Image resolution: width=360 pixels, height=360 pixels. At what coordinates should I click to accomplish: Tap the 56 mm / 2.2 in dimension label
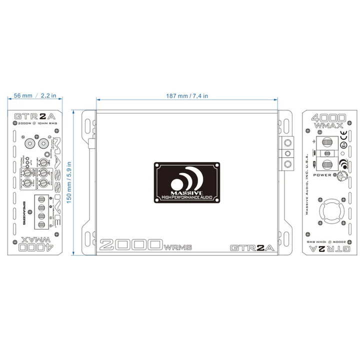[35, 95]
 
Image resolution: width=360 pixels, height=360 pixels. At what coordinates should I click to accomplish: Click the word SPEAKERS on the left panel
[23, 210]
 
